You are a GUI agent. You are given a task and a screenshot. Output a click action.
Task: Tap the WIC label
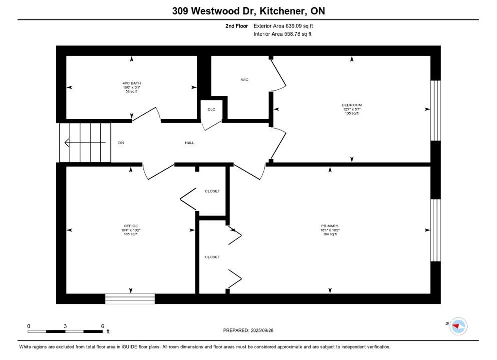244,80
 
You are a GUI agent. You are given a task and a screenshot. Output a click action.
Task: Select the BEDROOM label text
352,105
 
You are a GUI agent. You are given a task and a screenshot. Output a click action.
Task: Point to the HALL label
189,143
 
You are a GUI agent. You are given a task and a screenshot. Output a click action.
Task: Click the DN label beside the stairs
121,143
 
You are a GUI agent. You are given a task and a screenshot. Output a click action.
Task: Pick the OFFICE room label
131,226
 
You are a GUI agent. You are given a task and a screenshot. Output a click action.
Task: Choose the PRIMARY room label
330,226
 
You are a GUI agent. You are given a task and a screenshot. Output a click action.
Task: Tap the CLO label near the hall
211,109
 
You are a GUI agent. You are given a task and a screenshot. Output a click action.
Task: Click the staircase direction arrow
85,143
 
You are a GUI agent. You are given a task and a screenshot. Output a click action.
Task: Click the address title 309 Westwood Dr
248,10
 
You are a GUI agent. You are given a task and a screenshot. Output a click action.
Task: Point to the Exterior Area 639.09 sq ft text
283,26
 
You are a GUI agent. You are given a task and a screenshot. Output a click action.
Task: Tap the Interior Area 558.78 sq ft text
283,34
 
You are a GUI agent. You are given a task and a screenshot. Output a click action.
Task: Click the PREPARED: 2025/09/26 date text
248,330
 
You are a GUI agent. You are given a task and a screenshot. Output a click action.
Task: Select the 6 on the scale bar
102,326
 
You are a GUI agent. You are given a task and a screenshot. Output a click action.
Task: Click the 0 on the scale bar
29,326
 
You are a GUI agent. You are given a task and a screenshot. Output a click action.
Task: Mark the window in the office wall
130,299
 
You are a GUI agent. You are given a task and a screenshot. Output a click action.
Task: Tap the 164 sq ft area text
330,234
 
